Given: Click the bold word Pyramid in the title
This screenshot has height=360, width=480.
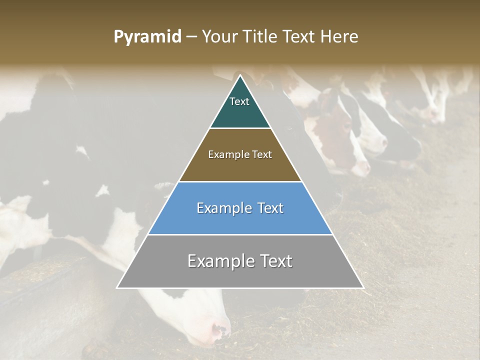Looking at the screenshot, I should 147,37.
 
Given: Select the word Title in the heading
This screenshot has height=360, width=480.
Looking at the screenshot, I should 261,36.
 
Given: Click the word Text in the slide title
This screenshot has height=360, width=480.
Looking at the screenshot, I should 300,36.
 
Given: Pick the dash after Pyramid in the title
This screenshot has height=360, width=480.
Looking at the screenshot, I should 191,37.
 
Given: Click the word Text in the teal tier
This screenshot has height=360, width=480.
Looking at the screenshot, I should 239,101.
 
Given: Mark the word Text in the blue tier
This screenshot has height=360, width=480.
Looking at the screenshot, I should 270,208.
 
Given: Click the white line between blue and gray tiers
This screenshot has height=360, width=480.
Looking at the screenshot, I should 240,234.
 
